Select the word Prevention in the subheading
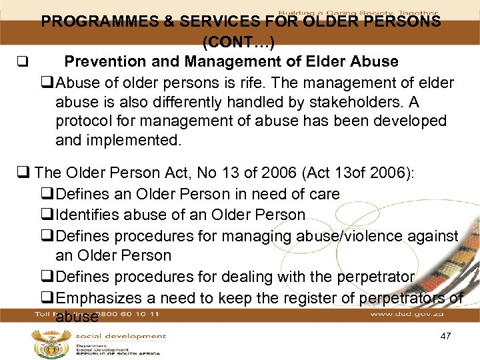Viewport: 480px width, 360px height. [104, 62]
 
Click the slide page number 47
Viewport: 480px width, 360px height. [446, 336]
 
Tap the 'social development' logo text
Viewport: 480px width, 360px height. [120, 336]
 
